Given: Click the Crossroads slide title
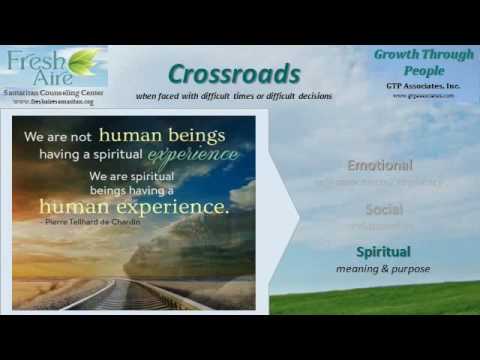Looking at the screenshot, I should pyautogui.click(x=234, y=74).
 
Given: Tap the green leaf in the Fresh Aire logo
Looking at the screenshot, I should pyautogui.click(x=84, y=61).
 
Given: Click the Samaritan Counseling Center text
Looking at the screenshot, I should pyautogui.click(x=55, y=91).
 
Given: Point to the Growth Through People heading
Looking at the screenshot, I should pyautogui.click(x=423, y=63).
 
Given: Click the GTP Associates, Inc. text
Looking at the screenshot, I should pyautogui.click(x=423, y=86).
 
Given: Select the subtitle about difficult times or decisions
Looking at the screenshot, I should pyautogui.click(x=234, y=96).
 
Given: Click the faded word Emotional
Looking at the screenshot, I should pyautogui.click(x=379, y=165).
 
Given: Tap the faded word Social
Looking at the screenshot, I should pyautogui.click(x=383, y=210).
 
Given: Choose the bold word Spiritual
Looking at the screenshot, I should pyautogui.click(x=383, y=251).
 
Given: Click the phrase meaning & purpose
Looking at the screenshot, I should pyautogui.click(x=383, y=268).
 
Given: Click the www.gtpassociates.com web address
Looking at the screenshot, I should pyautogui.click(x=423, y=96).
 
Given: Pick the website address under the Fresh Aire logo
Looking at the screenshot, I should pyautogui.click(x=55, y=101).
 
